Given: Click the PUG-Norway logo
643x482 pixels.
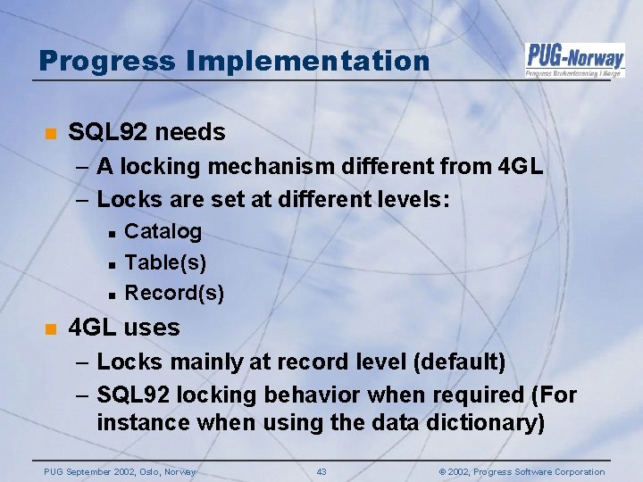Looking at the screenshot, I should click(574, 59).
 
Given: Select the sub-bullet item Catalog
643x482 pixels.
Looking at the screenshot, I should click(163, 231).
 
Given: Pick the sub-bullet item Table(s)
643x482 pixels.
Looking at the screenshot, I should click(165, 262).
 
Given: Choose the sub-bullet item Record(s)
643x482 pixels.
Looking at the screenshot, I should click(174, 293).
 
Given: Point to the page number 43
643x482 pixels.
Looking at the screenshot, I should click(321, 471).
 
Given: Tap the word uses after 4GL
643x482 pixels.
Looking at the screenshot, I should click(152, 328).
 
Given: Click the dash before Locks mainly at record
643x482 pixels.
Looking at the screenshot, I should click(82, 361).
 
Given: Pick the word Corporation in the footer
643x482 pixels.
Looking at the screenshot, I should click(572, 471).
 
